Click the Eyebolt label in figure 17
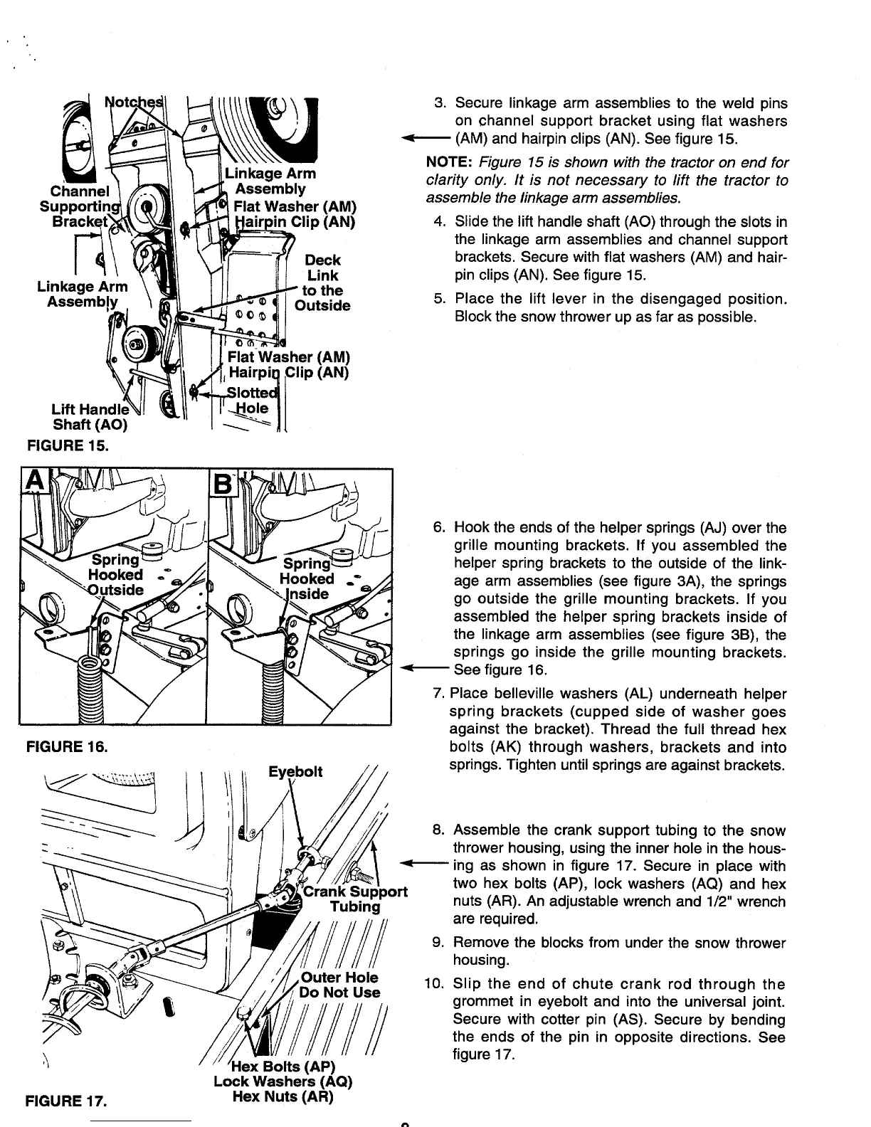click(x=296, y=772)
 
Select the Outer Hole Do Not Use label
click(x=341, y=985)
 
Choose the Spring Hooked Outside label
click(x=115, y=574)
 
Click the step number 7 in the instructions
click(x=439, y=694)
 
